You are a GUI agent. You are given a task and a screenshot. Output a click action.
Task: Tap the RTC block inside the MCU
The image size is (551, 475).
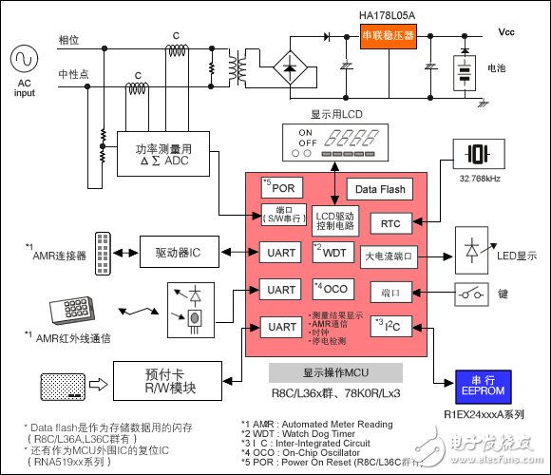(389, 223)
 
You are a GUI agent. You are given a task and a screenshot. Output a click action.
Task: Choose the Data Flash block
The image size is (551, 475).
(379, 190)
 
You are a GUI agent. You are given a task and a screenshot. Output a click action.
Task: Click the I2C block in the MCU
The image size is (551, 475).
(389, 326)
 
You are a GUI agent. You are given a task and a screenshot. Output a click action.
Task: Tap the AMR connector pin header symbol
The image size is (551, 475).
(103, 252)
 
